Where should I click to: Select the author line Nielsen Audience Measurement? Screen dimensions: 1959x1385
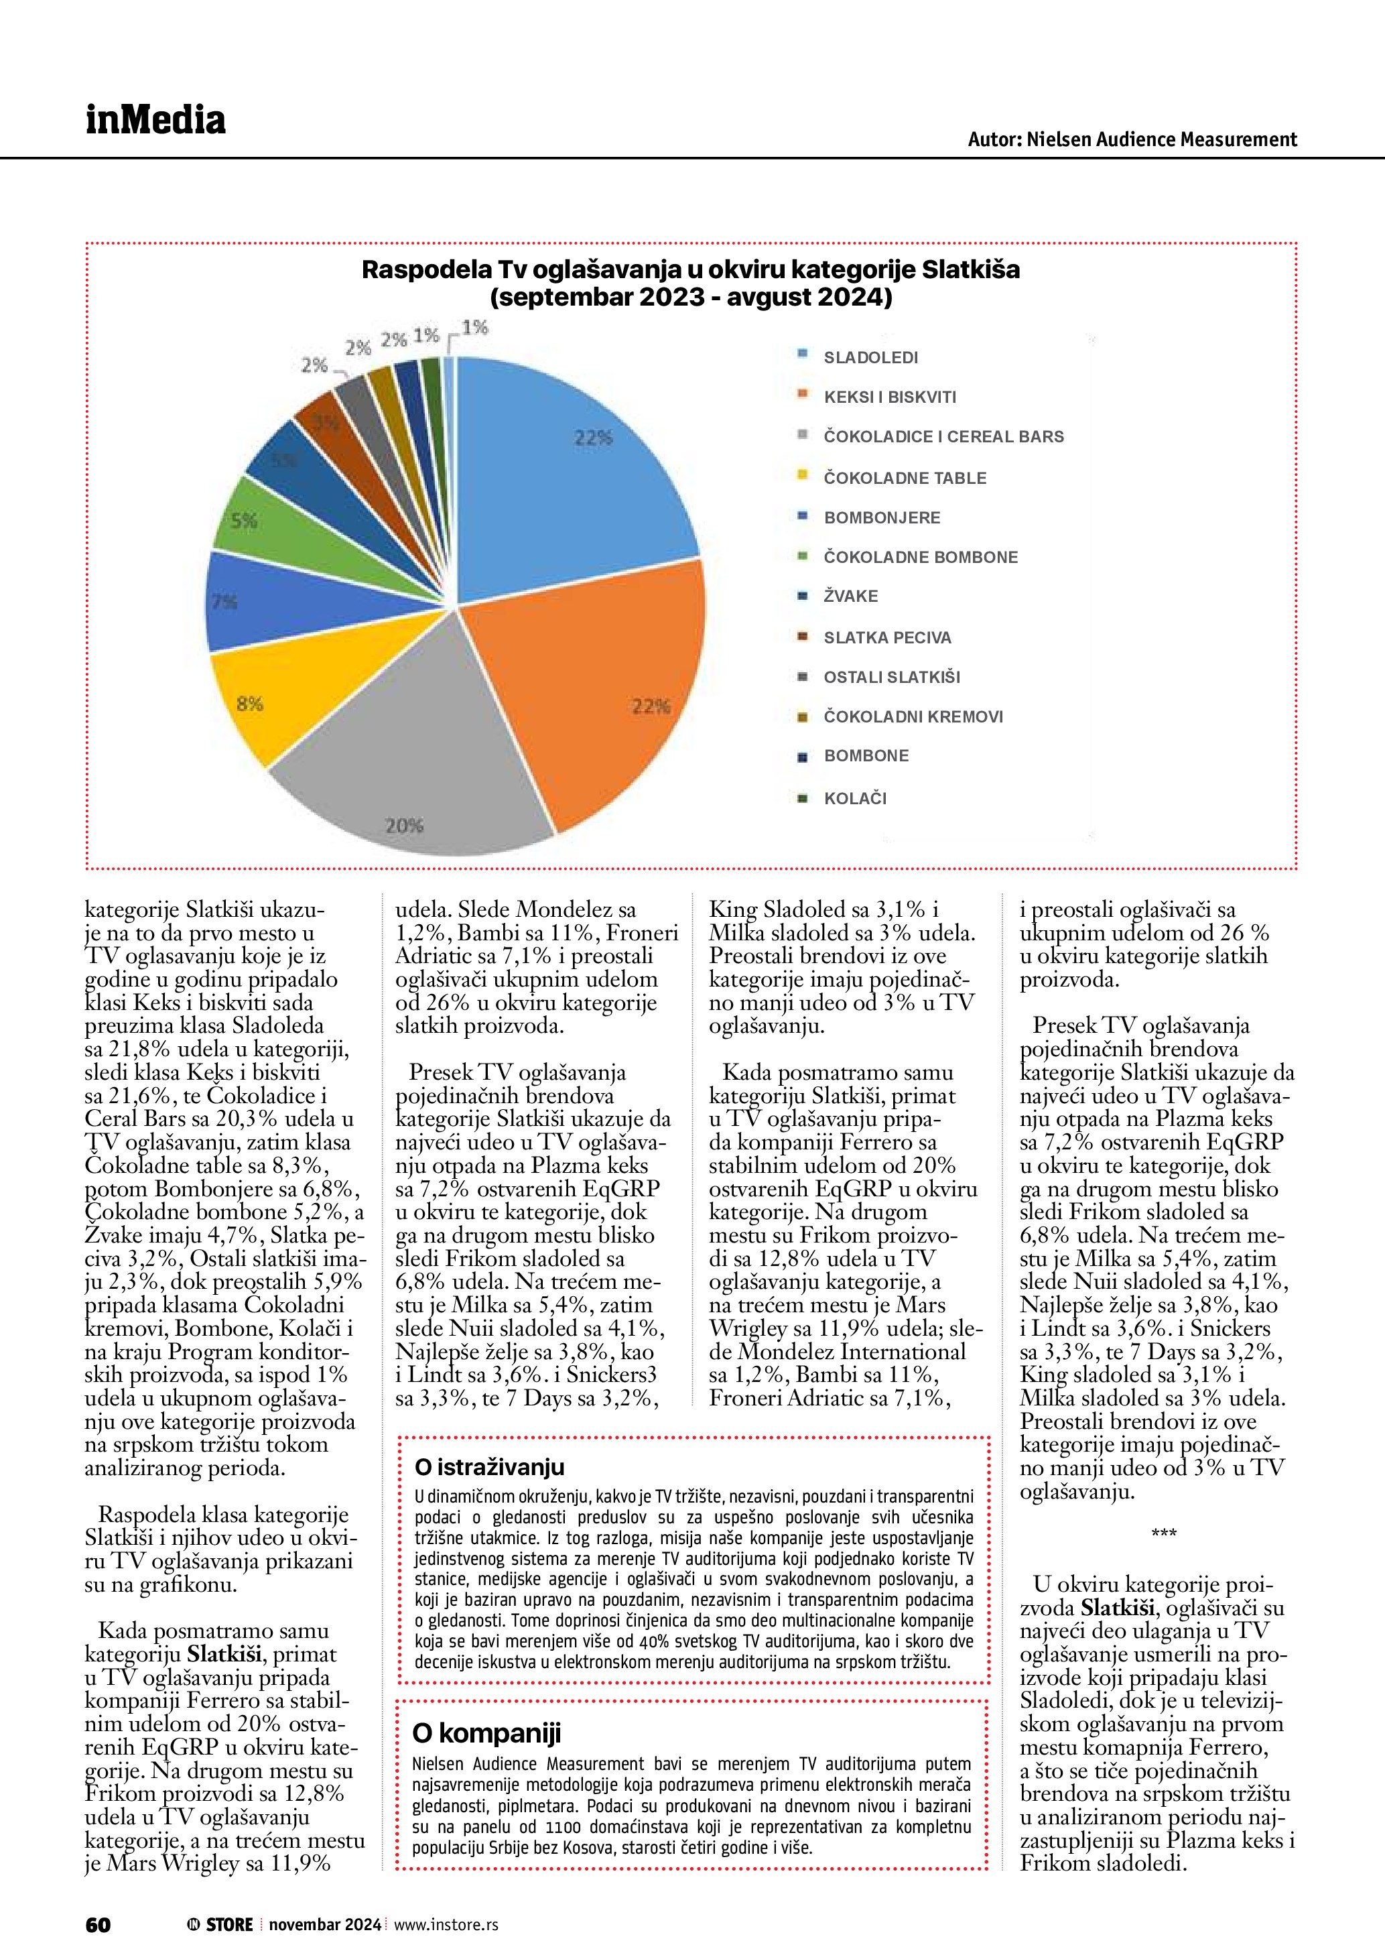[x=1132, y=139]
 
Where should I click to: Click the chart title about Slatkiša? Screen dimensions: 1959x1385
[x=691, y=283]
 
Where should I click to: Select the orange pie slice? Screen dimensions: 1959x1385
[x=597, y=682]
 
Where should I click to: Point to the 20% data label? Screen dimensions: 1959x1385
[x=404, y=825]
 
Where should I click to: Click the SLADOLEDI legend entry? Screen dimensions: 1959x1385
[x=870, y=357]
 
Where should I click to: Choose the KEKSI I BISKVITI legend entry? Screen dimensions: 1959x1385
[x=890, y=397]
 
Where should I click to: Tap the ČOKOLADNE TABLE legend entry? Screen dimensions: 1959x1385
[x=904, y=478]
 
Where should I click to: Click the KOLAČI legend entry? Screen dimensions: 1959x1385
[x=854, y=799]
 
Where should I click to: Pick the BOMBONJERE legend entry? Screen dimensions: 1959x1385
[x=881, y=518]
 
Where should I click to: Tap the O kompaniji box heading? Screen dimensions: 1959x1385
[x=486, y=1734]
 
